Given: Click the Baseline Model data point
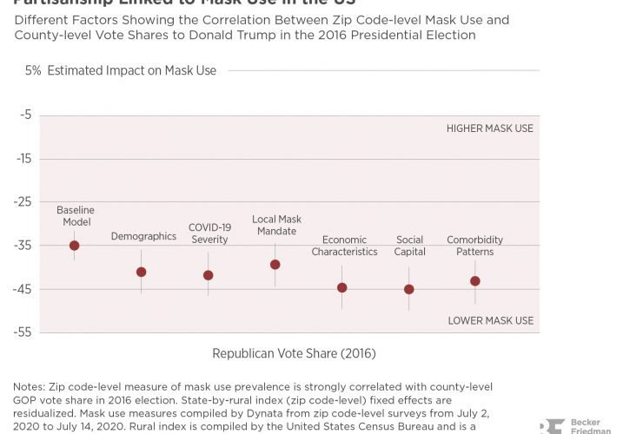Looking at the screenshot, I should click(74, 246).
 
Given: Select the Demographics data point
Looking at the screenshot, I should click(142, 272).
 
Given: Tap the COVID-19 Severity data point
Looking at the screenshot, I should click(208, 275).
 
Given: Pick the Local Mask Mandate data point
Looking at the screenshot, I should click(275, 264).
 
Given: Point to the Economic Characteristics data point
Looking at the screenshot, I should click(342, 287).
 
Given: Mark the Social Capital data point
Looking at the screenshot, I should click(409, 289).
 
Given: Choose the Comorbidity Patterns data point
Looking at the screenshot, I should click(474, 280).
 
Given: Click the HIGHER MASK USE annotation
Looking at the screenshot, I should click(490, 128).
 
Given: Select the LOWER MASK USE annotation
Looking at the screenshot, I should click(491, 320).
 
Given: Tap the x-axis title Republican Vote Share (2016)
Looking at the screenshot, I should click(294, 354).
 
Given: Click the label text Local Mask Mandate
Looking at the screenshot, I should click(276, 226).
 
